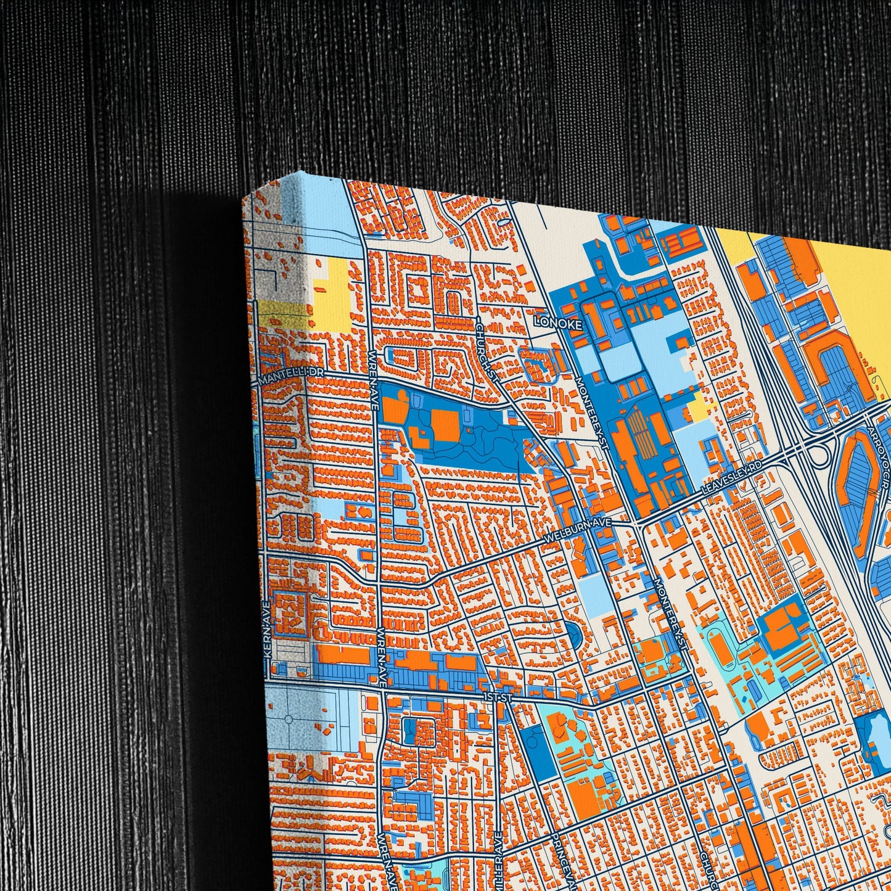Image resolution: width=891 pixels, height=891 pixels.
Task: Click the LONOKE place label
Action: (x=557, y=322)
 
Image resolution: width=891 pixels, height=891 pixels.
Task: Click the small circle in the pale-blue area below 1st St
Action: (x=287, y=720)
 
